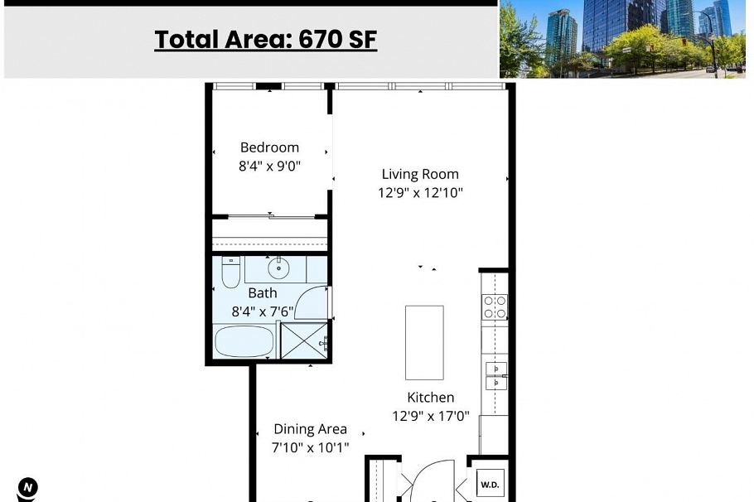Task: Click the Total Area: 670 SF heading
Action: (265, 39)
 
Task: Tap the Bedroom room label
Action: (269, 147)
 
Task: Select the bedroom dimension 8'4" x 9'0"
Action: (269, 166)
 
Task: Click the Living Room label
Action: (419, 174)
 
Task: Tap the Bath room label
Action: (263, 292)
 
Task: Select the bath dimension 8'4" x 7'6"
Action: (263, 311)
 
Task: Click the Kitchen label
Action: (430, 398)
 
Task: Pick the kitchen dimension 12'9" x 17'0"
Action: (430, 417)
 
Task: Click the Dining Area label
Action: (310, 429)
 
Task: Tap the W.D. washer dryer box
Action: (490, 484)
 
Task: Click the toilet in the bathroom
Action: (230, 273)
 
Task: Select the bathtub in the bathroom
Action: (244, 341)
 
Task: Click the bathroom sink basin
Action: (278, 268)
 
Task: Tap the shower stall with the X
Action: (304, 340)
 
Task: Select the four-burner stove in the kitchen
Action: (495, 307)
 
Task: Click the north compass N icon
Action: (27, 487)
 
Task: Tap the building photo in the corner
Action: (625, 38)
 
